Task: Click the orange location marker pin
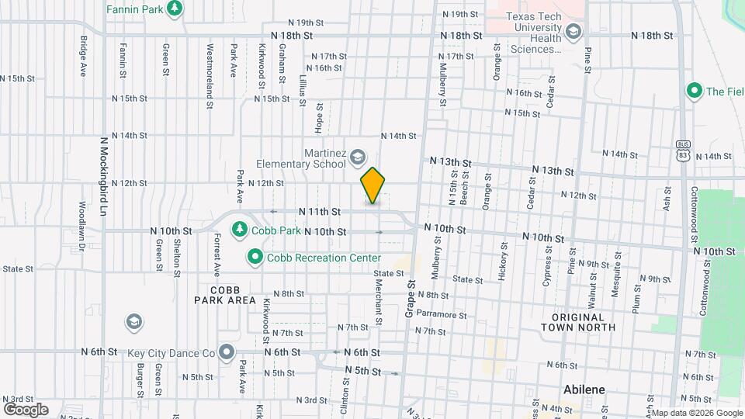[372, 186]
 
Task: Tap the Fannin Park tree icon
[175, 8]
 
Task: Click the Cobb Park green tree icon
[240, 230]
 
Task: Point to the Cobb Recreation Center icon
[255, 256]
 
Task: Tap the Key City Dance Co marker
[227, 352]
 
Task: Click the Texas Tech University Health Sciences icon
[573, 32]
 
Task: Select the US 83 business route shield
[683, 150]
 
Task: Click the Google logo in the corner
[26, 410]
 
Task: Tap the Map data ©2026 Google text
[696, 413]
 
